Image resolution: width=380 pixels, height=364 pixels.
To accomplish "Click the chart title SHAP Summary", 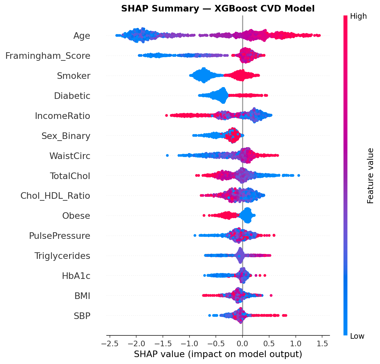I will (218, 9).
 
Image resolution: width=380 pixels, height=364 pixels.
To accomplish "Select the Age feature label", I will (82, 36).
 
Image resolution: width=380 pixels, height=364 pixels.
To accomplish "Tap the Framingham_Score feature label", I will (48, 56).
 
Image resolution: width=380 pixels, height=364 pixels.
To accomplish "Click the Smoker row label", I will (73, 76).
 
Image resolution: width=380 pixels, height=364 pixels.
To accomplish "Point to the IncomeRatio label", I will (63, 116).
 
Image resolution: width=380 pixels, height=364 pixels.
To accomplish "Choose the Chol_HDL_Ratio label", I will (55, 196).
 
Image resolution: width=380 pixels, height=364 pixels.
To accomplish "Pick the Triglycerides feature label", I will (62, 256).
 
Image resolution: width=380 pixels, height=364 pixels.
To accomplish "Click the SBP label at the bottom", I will (82, 316).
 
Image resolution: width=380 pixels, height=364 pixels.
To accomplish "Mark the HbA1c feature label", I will (76, 276).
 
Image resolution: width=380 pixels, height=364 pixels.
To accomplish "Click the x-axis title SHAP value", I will (218, 354).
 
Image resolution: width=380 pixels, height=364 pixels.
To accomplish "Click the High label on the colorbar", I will (358, 16).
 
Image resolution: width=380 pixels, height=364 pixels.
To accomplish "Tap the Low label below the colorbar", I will (357, 336).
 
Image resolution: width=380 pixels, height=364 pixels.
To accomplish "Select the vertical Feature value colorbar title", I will (370, 176).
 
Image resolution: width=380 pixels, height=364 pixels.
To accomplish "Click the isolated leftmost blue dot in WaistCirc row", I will (167, 155).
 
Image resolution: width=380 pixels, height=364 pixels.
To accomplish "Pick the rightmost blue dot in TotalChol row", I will (298, 175).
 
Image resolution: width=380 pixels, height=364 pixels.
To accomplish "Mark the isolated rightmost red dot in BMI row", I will (271, 295).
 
